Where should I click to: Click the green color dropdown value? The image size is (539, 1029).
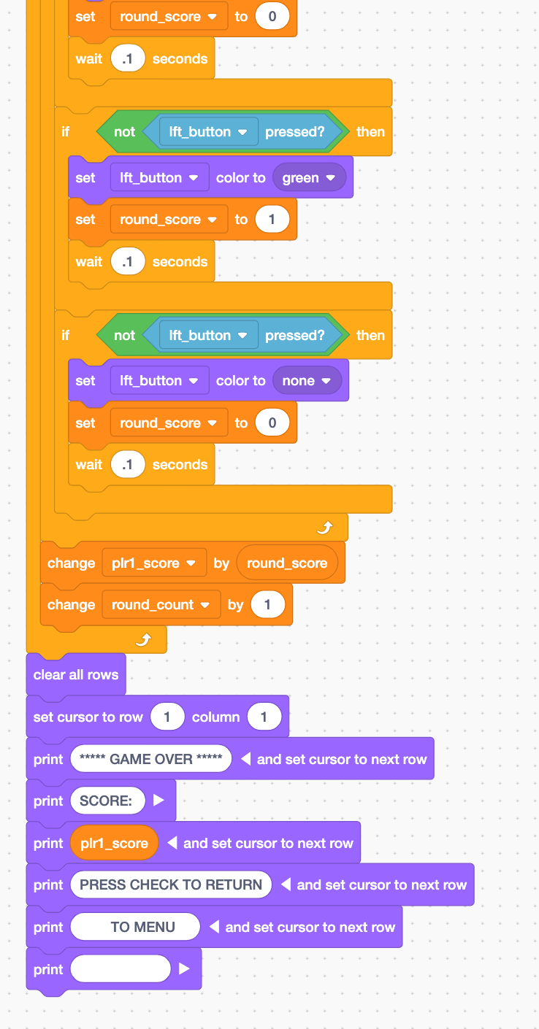click(308, 177)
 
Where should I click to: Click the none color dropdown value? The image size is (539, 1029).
click(306, 380)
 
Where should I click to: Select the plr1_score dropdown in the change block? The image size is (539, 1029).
click(150, 563)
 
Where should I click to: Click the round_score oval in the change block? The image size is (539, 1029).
click(287, 563)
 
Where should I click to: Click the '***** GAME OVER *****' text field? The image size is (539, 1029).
click(151, 759)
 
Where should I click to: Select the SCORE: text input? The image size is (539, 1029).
click(107, 801)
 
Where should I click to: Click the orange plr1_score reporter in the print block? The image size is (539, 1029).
click(115, 843)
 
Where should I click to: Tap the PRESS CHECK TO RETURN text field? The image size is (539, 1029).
click(171, 885)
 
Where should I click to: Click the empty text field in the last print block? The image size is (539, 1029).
click(121, 969)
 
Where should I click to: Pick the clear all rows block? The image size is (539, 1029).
click(76, 674)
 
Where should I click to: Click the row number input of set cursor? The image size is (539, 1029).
click(167, 717)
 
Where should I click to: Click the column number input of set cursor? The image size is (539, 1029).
click(264, 717)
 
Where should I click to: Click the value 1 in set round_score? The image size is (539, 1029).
click(272, 219)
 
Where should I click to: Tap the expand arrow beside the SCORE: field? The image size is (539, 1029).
click(159, 801)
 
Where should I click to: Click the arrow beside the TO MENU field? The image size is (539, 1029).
click(215, 927)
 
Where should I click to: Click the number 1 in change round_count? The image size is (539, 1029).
click(267, 604)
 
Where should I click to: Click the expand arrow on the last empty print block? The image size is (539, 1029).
click(184, 969)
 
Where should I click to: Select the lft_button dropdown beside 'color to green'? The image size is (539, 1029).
click(159, 177)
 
